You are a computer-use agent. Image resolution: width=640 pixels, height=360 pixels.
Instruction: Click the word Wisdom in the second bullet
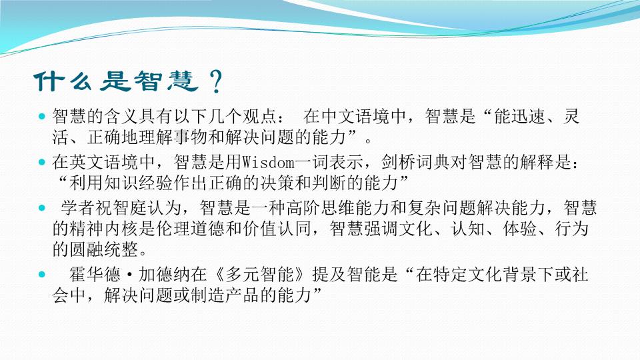268,163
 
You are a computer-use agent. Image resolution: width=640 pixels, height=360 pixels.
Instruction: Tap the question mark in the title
215,81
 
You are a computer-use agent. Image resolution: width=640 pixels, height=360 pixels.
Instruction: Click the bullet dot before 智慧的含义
41,117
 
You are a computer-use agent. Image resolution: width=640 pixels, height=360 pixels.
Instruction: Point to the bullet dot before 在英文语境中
41,163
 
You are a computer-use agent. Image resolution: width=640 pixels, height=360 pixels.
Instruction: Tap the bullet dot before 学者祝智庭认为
41,208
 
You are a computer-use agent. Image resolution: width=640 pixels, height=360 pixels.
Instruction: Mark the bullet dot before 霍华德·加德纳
41,274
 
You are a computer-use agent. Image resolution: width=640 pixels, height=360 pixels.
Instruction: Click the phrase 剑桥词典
415,163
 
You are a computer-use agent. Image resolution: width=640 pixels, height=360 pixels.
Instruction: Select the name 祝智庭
113,208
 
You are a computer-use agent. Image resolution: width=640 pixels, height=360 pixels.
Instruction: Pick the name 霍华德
95,274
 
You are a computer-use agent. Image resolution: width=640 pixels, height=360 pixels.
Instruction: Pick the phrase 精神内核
104,229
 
